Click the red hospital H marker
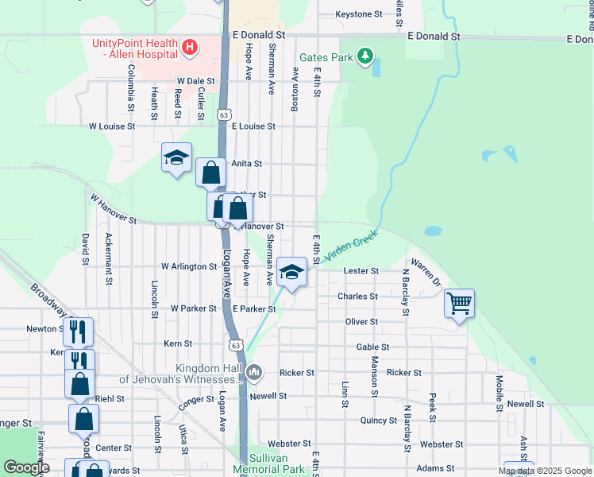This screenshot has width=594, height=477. tap(189, 48)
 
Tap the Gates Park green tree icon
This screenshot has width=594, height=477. tap(364, 56)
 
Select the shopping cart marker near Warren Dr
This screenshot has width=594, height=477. tap(459, 303)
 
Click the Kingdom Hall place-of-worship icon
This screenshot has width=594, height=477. tap(255, 372)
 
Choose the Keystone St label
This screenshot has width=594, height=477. tap(359, 14)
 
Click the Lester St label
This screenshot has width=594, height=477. tap(361, 271)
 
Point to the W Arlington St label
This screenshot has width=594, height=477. tap(189, 266)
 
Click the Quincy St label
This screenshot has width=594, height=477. tap(378, 421)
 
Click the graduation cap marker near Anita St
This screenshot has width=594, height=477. tap(176, 157)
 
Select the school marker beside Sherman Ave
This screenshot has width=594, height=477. tap(291, 273)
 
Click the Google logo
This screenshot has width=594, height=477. tap(27, 468)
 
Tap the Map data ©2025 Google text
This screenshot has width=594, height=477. tap(545, 471)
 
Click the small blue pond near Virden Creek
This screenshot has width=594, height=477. tap(433, 231)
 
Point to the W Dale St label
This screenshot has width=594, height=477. tap(196, 81)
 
